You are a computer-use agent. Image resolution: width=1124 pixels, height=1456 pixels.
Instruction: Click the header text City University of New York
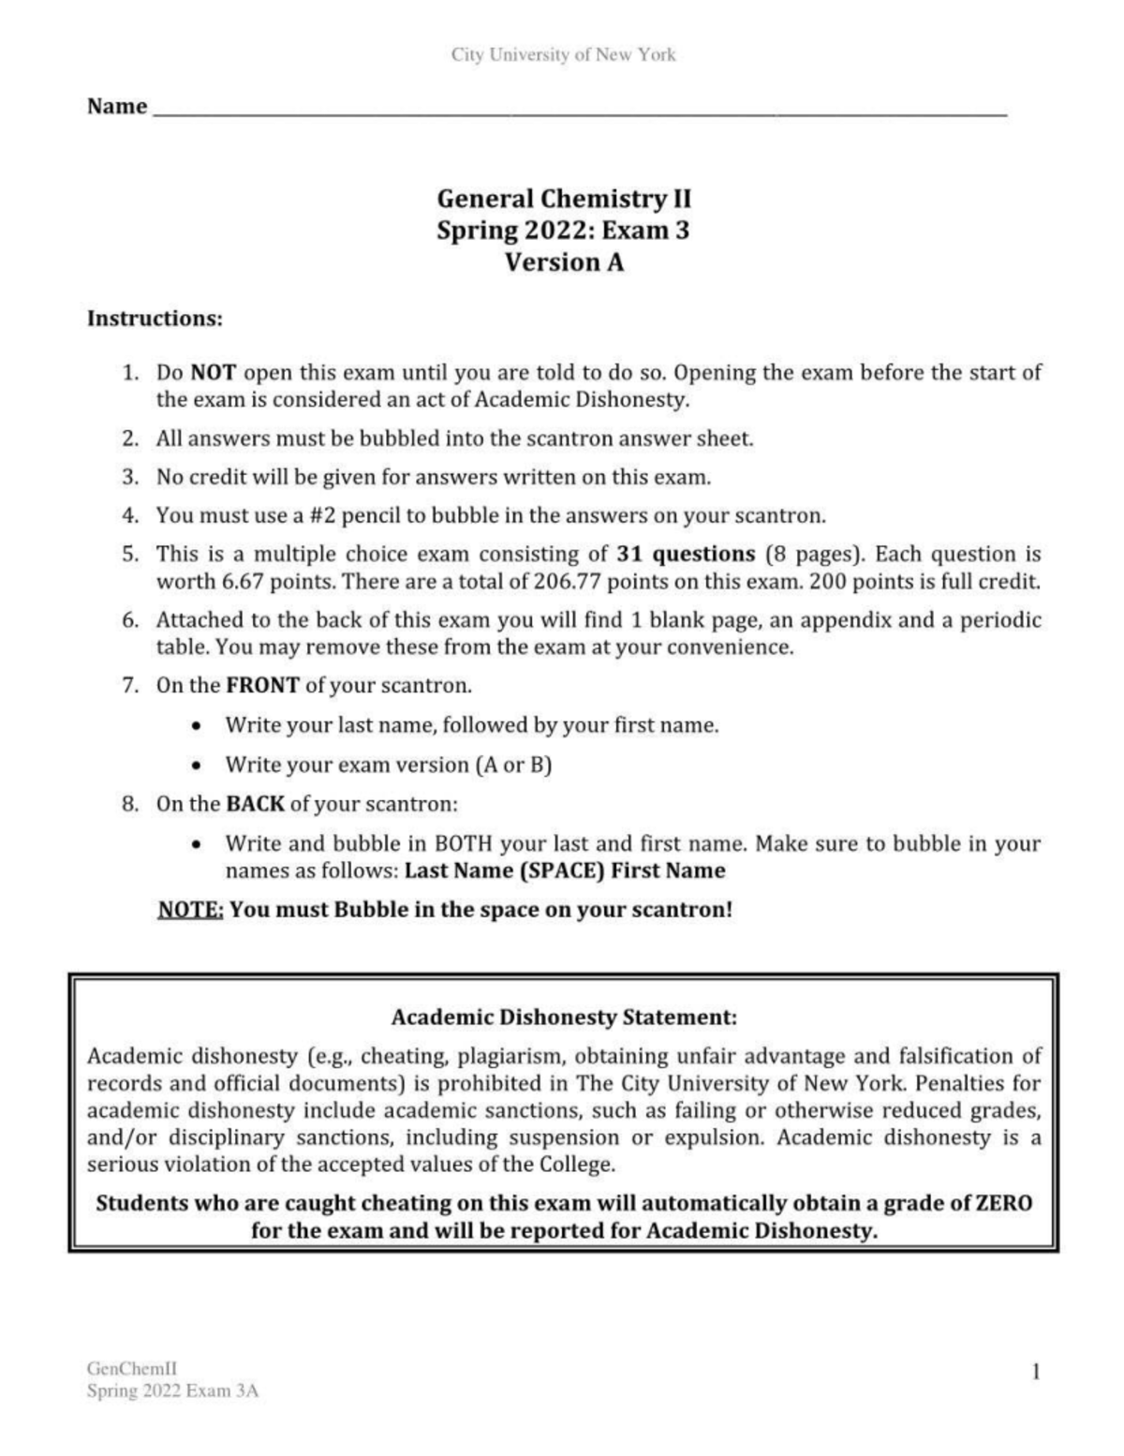pyautogui.click(x=563, y=54)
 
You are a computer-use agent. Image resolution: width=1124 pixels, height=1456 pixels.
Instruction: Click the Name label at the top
pyautogui.click(x=117, y=107)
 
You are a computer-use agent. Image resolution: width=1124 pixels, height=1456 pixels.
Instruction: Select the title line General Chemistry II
pyautogui.click(x=564, y=199)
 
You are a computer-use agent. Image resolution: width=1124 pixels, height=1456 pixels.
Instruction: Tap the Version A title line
pyautogui.click(x=564, y=262)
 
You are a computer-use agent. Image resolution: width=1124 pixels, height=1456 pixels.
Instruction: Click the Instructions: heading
pyautogui.click(x=155, y=319)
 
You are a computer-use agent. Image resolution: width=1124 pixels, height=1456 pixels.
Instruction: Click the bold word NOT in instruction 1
pyautogui.click(x=213, y=373)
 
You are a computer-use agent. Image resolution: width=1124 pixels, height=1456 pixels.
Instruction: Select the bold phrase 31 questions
pyautogui.click(x=686, y=554)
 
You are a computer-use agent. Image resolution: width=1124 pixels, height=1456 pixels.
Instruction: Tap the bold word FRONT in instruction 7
pyautogui.click(x=262, y=686)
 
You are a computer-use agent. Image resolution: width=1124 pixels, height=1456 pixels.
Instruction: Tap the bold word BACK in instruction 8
pyautogui.click(x=255, y=805)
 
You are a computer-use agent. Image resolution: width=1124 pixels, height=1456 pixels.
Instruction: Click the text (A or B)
pyautogui.click(x=513, y=765)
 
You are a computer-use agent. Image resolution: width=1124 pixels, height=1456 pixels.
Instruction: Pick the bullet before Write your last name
pyautogui.click(x=195, y=726)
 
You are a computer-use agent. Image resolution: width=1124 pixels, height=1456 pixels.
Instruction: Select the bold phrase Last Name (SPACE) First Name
pyautogui.click(x=565, y=870)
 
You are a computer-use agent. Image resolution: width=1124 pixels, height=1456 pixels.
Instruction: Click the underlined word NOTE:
pyautogui.click(x=190, y=910)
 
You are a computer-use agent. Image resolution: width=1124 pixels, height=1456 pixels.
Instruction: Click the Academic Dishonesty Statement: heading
pyautogui.click(x=564, y=1018)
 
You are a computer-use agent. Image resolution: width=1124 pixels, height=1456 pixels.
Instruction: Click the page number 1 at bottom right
pyautogui.click(x=1035, y=1373)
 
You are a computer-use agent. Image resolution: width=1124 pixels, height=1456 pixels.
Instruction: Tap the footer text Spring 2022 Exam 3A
pyautogui.click(x=172, y=1391)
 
